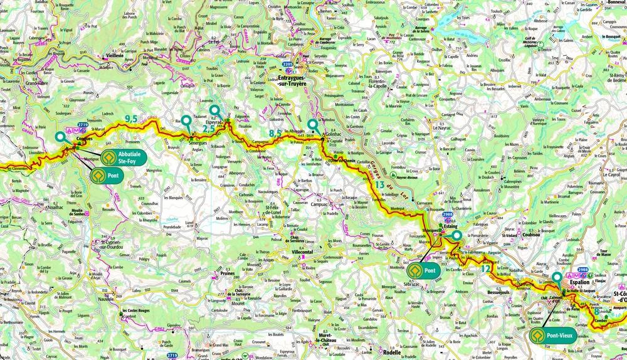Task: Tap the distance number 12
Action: coord(486,268)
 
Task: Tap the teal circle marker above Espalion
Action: coord(557,276)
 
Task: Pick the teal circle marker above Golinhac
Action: coord(312,124)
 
